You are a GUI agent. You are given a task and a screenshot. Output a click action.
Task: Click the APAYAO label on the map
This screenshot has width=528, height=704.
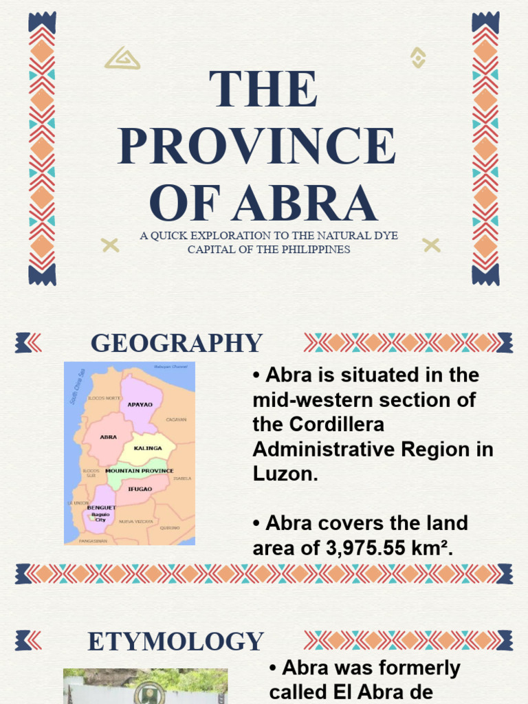pos(140,405)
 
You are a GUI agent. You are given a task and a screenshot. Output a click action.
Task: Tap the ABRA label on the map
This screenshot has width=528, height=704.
pos(108,437)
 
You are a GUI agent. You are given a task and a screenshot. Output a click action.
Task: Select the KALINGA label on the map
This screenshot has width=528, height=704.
pos(148,448)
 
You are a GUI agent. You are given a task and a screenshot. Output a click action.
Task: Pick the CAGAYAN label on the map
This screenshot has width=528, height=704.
pos(176,419)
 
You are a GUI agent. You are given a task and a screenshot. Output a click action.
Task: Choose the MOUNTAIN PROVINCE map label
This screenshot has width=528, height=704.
pos(140,471)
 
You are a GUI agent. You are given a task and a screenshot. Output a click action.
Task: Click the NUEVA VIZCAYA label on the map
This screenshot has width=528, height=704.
pos(135,522)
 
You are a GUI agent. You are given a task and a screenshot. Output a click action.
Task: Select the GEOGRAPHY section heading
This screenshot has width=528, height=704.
pos(177,343)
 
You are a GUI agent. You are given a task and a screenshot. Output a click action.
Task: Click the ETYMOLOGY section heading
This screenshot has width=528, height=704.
pos(176,641)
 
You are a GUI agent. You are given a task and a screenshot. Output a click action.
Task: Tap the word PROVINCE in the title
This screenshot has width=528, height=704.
pos(257,146)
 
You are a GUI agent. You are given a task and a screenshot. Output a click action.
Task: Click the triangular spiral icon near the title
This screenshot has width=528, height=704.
pos(122,58)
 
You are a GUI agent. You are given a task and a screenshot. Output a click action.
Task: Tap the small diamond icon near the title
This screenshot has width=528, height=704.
pos(417,57)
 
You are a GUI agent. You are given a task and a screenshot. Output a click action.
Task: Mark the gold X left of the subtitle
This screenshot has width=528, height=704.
pos(110,245)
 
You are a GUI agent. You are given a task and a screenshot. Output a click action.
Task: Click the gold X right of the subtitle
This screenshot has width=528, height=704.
pos(431,245)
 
